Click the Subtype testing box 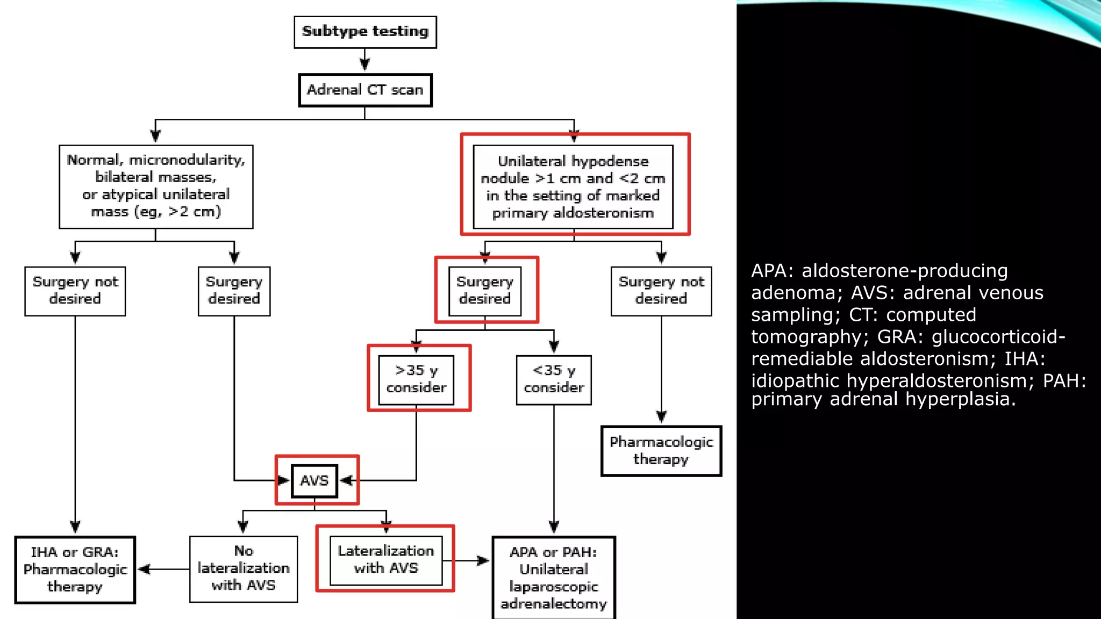tap(365, 32)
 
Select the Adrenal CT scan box tap(365, 90)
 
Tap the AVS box tap(314, 480)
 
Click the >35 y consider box tap(416, 379)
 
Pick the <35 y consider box tap(554, 379)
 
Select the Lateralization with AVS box tap(386, 560)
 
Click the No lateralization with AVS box tap(244, 568)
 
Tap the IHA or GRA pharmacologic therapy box tap(75, 570)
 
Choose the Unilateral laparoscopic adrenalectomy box tap(554, 578)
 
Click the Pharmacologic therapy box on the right tap(661, 451)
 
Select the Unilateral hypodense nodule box tap(573, 186)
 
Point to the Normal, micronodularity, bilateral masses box tap(156, 186)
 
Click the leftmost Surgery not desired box tap(75, 291)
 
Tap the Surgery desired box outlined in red tap(485, 291)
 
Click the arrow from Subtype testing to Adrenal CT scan tap(365, 60)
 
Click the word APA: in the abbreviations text tap(772, 271)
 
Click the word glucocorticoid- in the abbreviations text tap(998, 337)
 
